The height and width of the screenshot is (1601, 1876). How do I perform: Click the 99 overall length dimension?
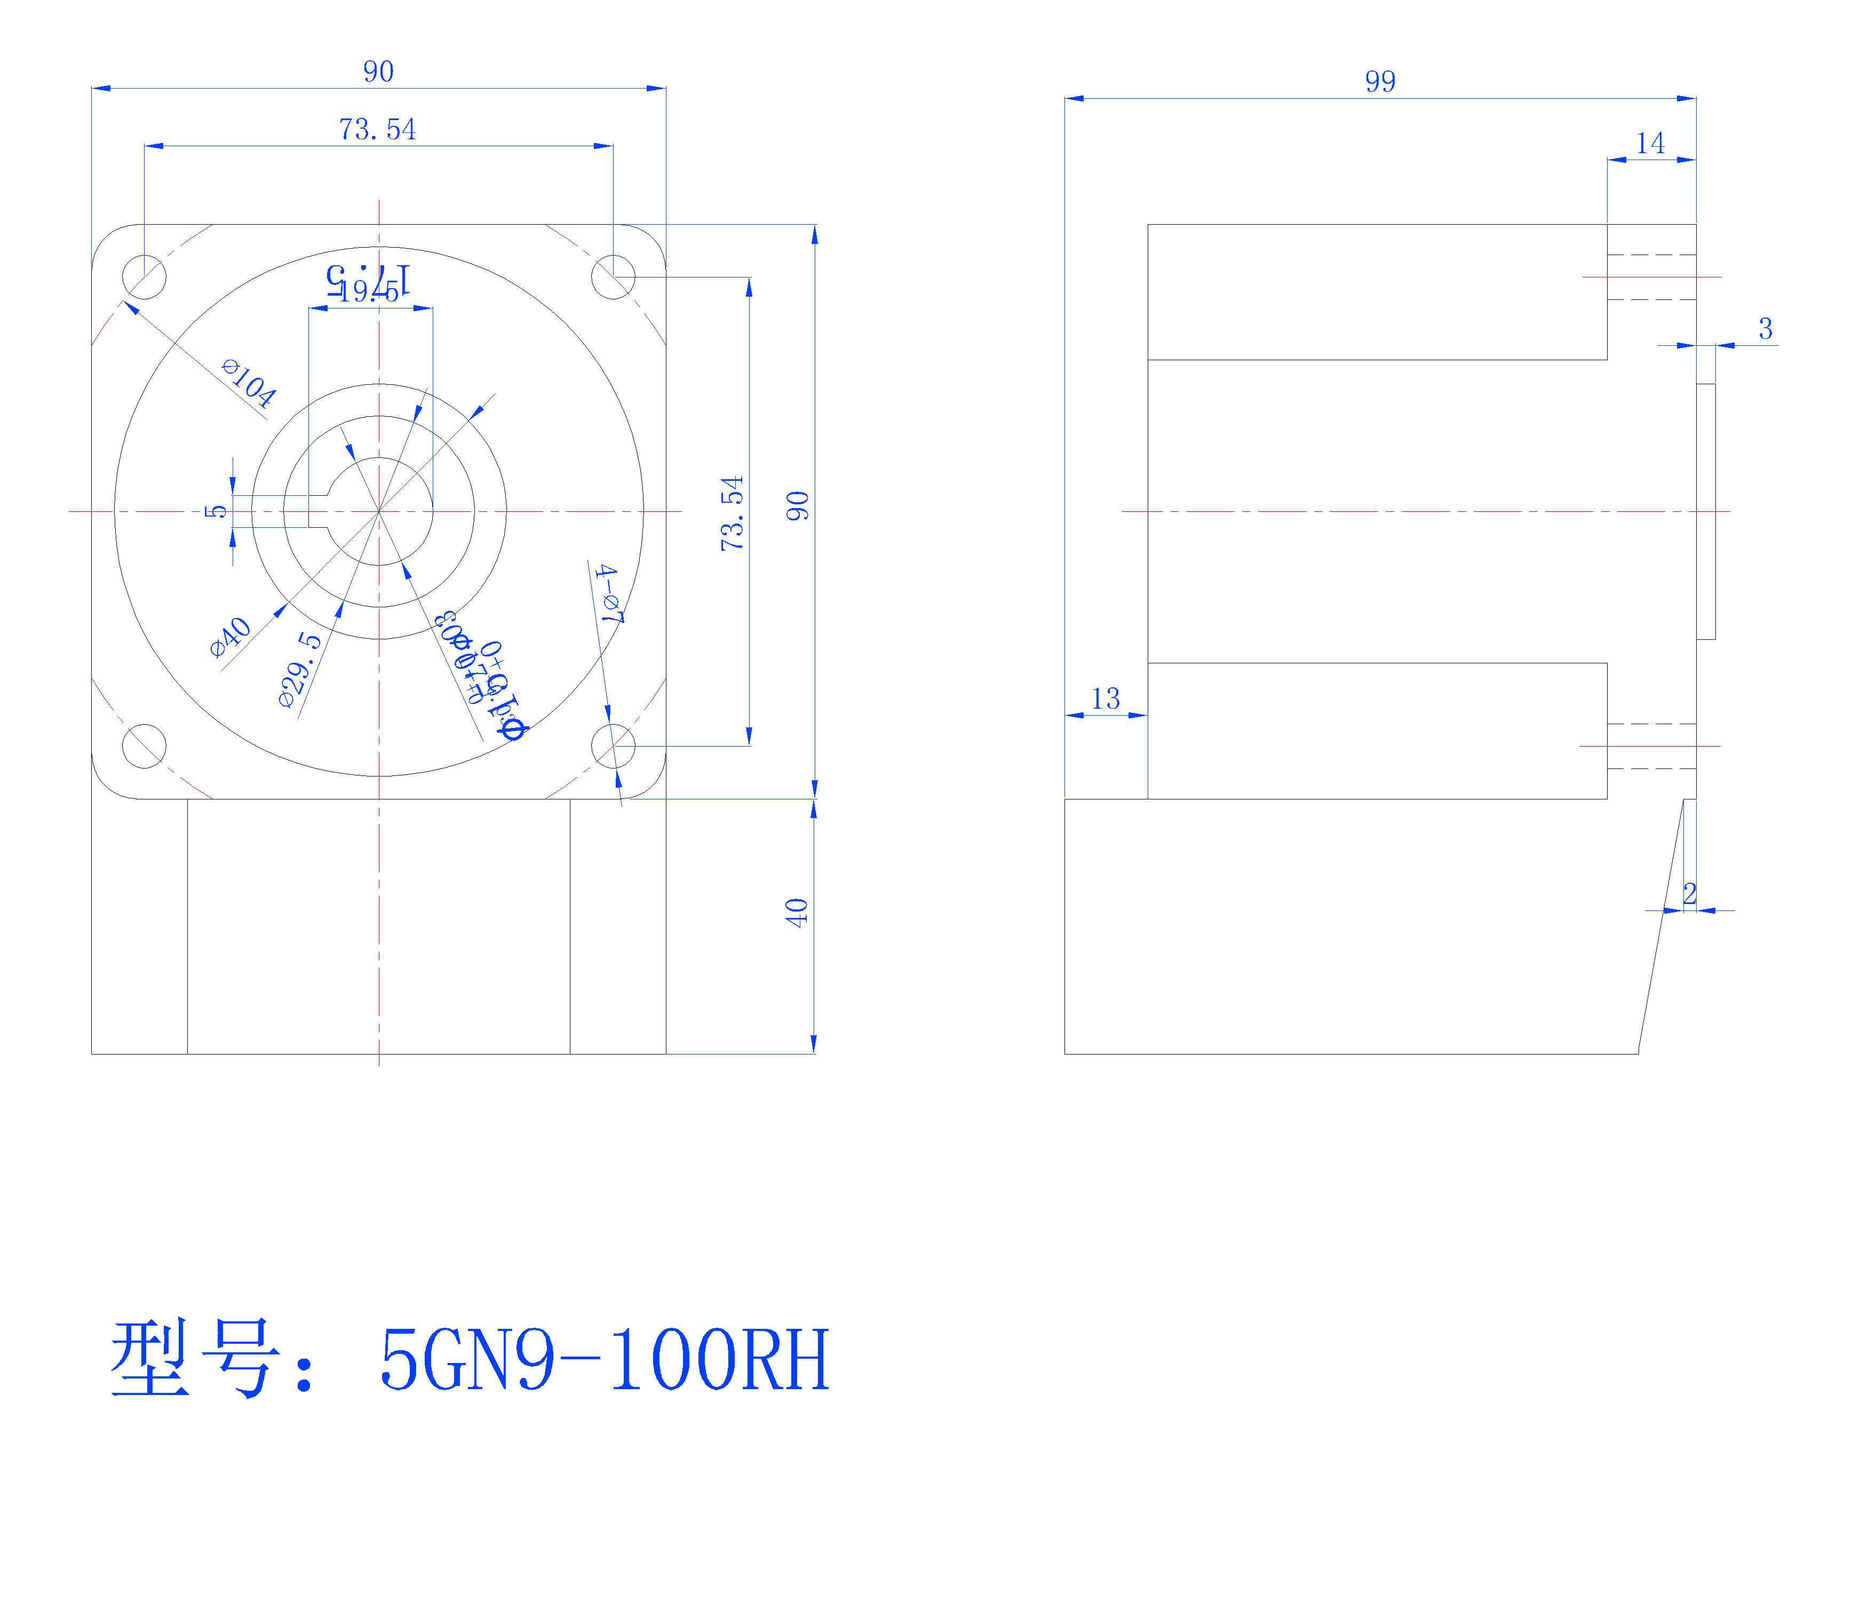click(x=1380, y=82)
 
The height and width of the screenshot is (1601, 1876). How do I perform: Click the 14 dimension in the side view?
click(x=1650, y=143)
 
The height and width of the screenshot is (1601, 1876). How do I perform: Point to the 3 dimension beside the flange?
click(x=1764, y=329)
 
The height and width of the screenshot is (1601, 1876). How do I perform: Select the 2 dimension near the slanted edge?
click(x=1689, y=894)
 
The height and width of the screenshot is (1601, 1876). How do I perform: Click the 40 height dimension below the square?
click(x=796, y=912)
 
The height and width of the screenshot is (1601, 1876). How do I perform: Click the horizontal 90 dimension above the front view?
click(x=378, y=72)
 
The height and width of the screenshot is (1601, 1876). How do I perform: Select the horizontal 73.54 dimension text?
click(x=378, y=130)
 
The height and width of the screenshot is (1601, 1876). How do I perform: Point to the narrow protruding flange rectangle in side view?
click(x=1705, y=512)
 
